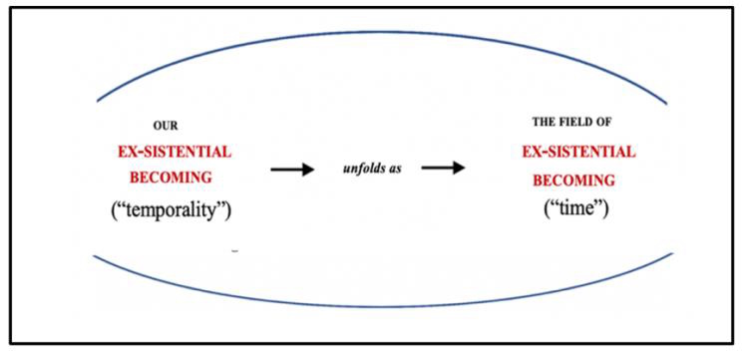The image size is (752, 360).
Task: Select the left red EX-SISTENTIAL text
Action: tap(174, 152)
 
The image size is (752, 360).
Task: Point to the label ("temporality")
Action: tap(174, 209)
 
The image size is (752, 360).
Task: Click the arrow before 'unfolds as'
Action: tap(292, 170)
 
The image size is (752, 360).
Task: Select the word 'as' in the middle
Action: tap(395, 169)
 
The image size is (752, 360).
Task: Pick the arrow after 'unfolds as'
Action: tap(444, 168)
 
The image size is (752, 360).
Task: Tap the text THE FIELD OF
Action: tap(572, 122)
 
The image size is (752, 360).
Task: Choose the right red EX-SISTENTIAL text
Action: tap(579, 152)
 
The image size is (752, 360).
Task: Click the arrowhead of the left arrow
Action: tap(308, 170)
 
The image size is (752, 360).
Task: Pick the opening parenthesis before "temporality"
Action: tap(115, 210)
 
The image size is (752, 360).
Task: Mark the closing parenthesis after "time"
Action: tap(607, 210)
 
